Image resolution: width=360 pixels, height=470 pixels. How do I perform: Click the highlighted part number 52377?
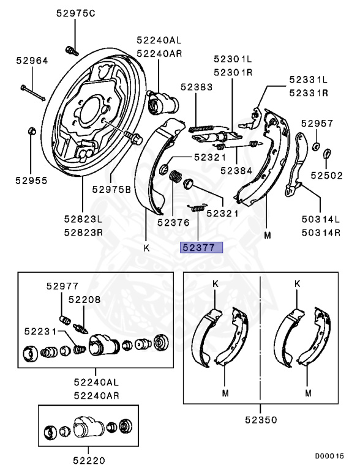pyautogui.click(x=201, y=247)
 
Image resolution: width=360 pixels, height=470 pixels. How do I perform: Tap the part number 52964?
pyautogui.click(x=32, y=61)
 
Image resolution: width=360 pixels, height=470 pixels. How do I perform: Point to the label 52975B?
pyautogui.click(x=112, y=189)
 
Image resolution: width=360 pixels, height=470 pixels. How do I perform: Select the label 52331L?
pyautogui.click(x=309, y=80)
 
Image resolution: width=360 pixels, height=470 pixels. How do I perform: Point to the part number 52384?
pyautogui.click(x=236, y=171)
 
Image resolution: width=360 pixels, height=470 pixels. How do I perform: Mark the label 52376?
pyautogui.click(x=173, y=223)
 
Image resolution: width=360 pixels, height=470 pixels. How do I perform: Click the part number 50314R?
pyautogui.click(x=320, y=232)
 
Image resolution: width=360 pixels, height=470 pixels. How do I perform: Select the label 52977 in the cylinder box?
pyautogui.click(x=62, y=285)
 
